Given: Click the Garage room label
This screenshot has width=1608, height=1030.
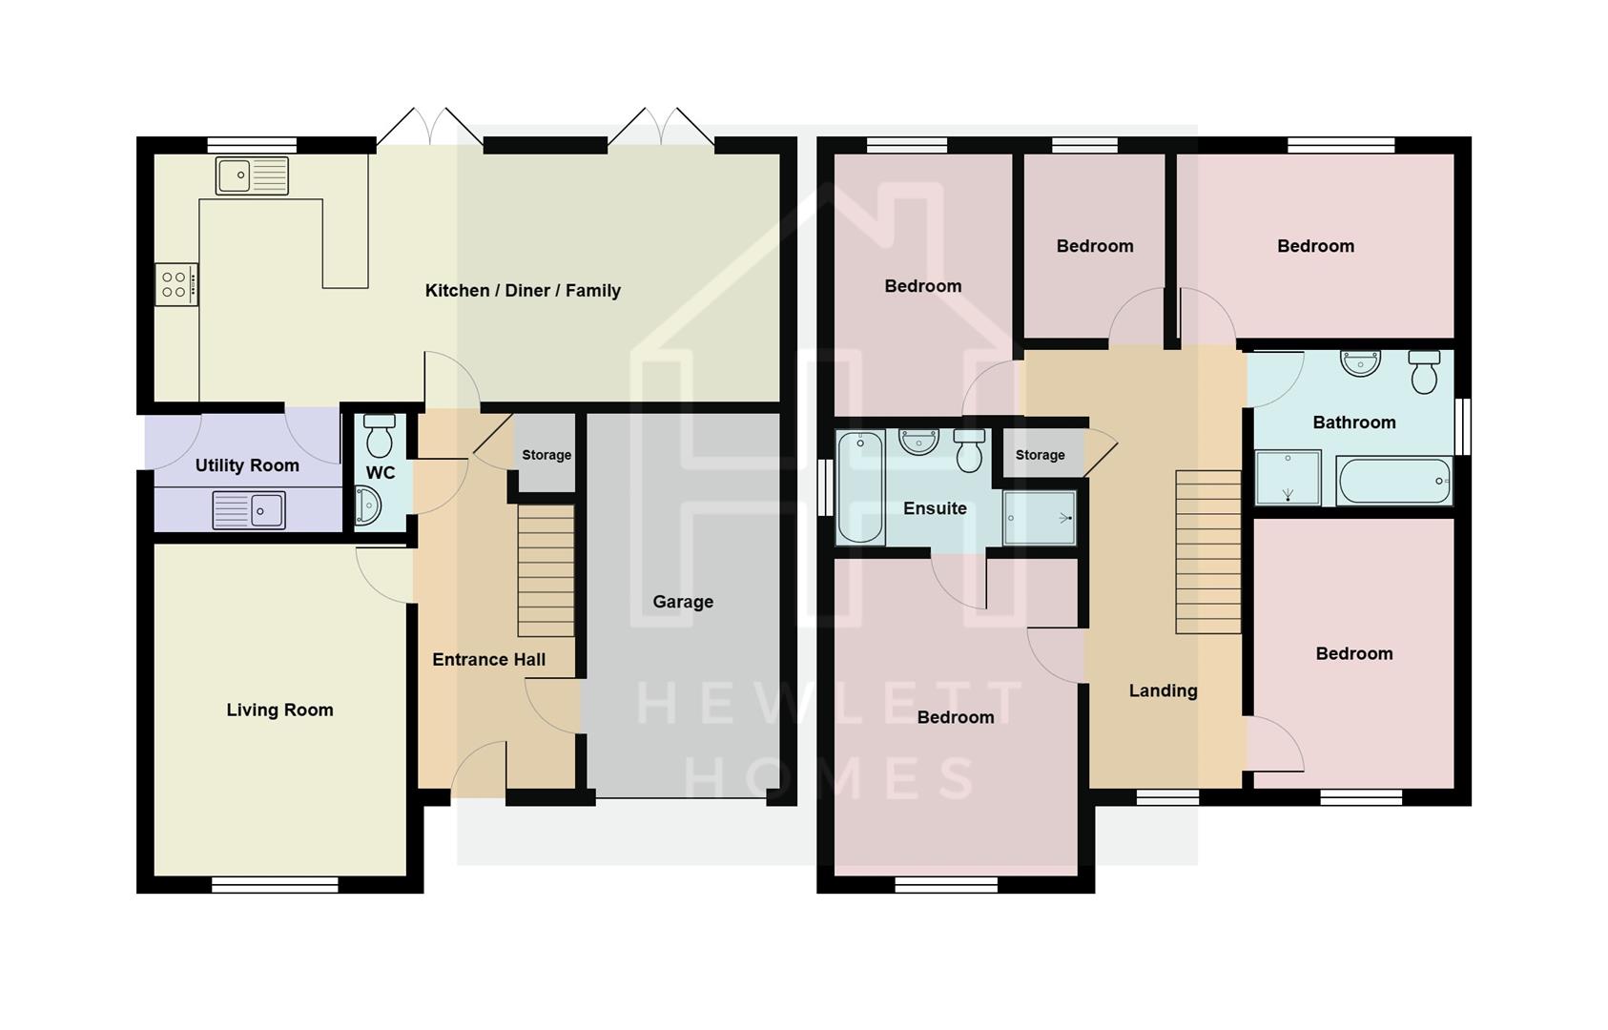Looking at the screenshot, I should click(x=683, y=602).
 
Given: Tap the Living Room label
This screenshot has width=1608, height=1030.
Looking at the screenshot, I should click(x=279, y=710).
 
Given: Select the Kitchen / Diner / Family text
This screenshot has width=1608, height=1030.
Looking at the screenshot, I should click(x=523, y=291).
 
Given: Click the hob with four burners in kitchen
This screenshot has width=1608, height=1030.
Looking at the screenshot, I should click(x=176, y=284).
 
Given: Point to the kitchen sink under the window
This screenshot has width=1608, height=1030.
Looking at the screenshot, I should click(x=252, y=175).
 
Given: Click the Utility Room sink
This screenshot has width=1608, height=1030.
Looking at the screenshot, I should click(x=249, y=509).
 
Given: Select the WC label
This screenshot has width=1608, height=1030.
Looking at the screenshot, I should click(x=381, y=473).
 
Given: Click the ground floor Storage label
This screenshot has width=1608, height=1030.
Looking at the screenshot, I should click(x=546, y=455).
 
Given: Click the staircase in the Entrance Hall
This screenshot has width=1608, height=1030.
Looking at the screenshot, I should click(x=546, y=570).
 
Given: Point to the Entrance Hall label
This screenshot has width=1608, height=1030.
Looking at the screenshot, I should click(x=488, y=660).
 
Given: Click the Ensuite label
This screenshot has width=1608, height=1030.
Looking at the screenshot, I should click(x=935, y=508).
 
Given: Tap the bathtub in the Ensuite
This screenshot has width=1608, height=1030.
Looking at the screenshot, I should click(x=859, y=486).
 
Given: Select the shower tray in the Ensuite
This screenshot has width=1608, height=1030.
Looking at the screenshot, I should click(x=1040, y=518).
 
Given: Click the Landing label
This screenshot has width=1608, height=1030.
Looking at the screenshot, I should click(x=1163, y=690).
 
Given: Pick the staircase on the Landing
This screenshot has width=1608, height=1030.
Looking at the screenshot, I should click(x=1207, y=551).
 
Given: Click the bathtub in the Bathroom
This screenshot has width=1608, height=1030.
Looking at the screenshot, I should click(x=1393, y=481).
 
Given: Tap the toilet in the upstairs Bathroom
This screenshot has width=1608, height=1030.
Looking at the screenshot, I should click(x=1424, y=372).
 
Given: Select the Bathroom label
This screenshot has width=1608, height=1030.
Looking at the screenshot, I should click(x=1353, y=422).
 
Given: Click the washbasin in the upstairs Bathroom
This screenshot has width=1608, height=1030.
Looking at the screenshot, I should click(x=1360, y=362).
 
